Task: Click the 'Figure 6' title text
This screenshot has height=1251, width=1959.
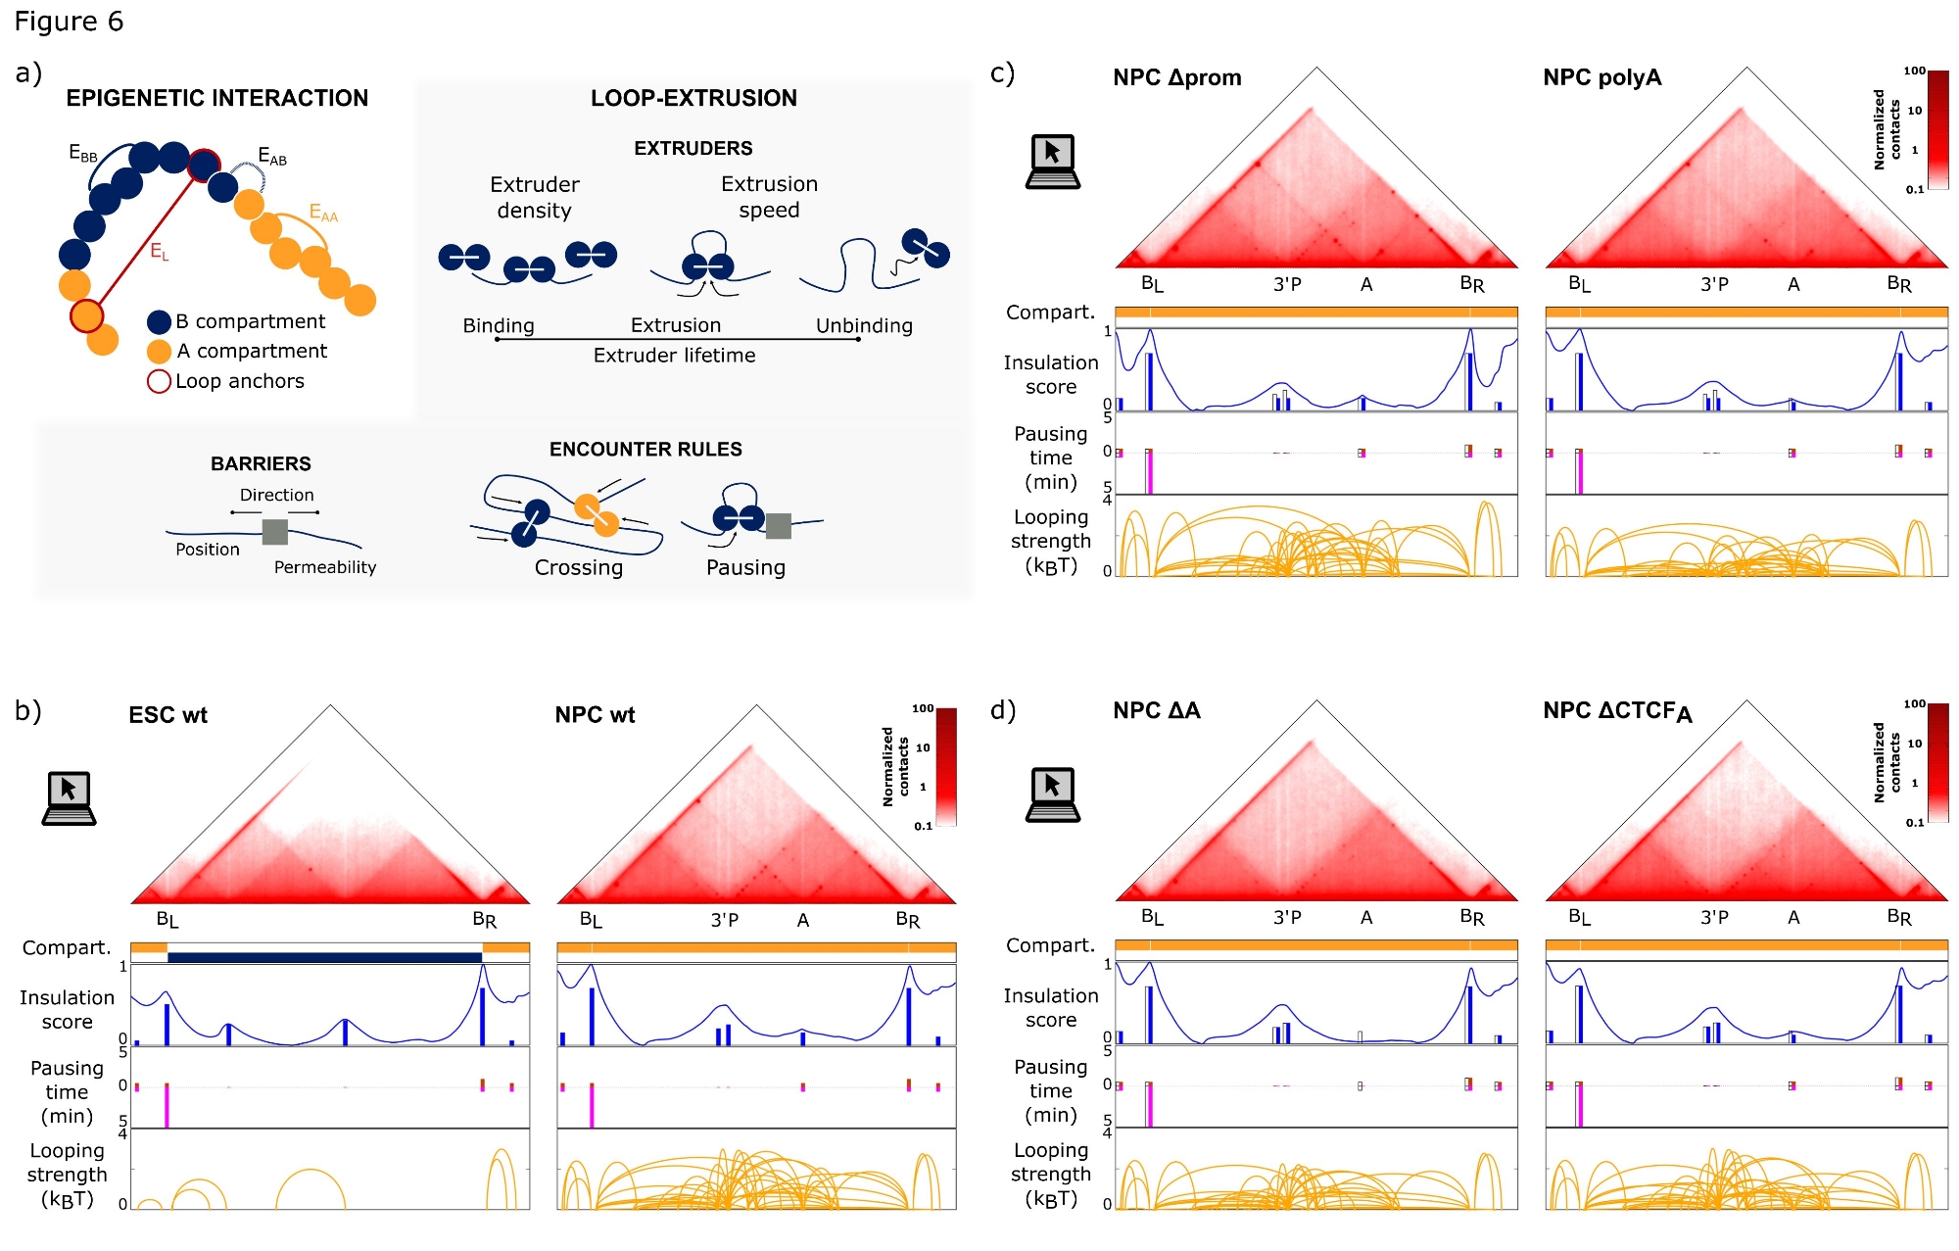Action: [x=69, y=22]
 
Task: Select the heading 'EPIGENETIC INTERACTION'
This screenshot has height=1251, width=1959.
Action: [x=216, y=98]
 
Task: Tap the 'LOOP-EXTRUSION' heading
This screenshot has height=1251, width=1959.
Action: [x=693, y=98]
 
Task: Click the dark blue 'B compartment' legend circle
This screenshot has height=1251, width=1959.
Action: [x=159, y=322]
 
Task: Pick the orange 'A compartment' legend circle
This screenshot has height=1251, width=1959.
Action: [x=159, y=352]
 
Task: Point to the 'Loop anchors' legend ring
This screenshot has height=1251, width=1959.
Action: [x=159, y=382]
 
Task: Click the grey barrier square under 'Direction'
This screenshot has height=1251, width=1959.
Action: [x=275, y=532]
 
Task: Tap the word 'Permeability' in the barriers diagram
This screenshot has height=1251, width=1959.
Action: [x=324, y=567]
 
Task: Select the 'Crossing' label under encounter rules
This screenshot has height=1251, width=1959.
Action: [x=578, y=568]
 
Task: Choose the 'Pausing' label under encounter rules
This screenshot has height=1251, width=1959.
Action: [x=745, y=568]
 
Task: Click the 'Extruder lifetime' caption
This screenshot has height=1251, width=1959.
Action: [x=674, y=356]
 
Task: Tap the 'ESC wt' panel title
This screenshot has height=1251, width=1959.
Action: [x=167, y=715]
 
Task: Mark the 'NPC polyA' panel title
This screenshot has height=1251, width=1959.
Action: [x=1601, y=77]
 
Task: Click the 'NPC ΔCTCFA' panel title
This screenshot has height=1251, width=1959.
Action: [x=1617, y=711]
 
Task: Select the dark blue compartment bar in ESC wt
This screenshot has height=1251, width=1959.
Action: [x=324, y=957]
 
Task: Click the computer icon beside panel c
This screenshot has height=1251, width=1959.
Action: [x=1052, y=162]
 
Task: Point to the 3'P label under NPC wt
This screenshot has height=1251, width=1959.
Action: [x=724, y=920]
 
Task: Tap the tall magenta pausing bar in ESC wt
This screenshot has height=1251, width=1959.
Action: [x=167, y=1106]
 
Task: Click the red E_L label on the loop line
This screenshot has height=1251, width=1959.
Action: [x=159, y=252]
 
